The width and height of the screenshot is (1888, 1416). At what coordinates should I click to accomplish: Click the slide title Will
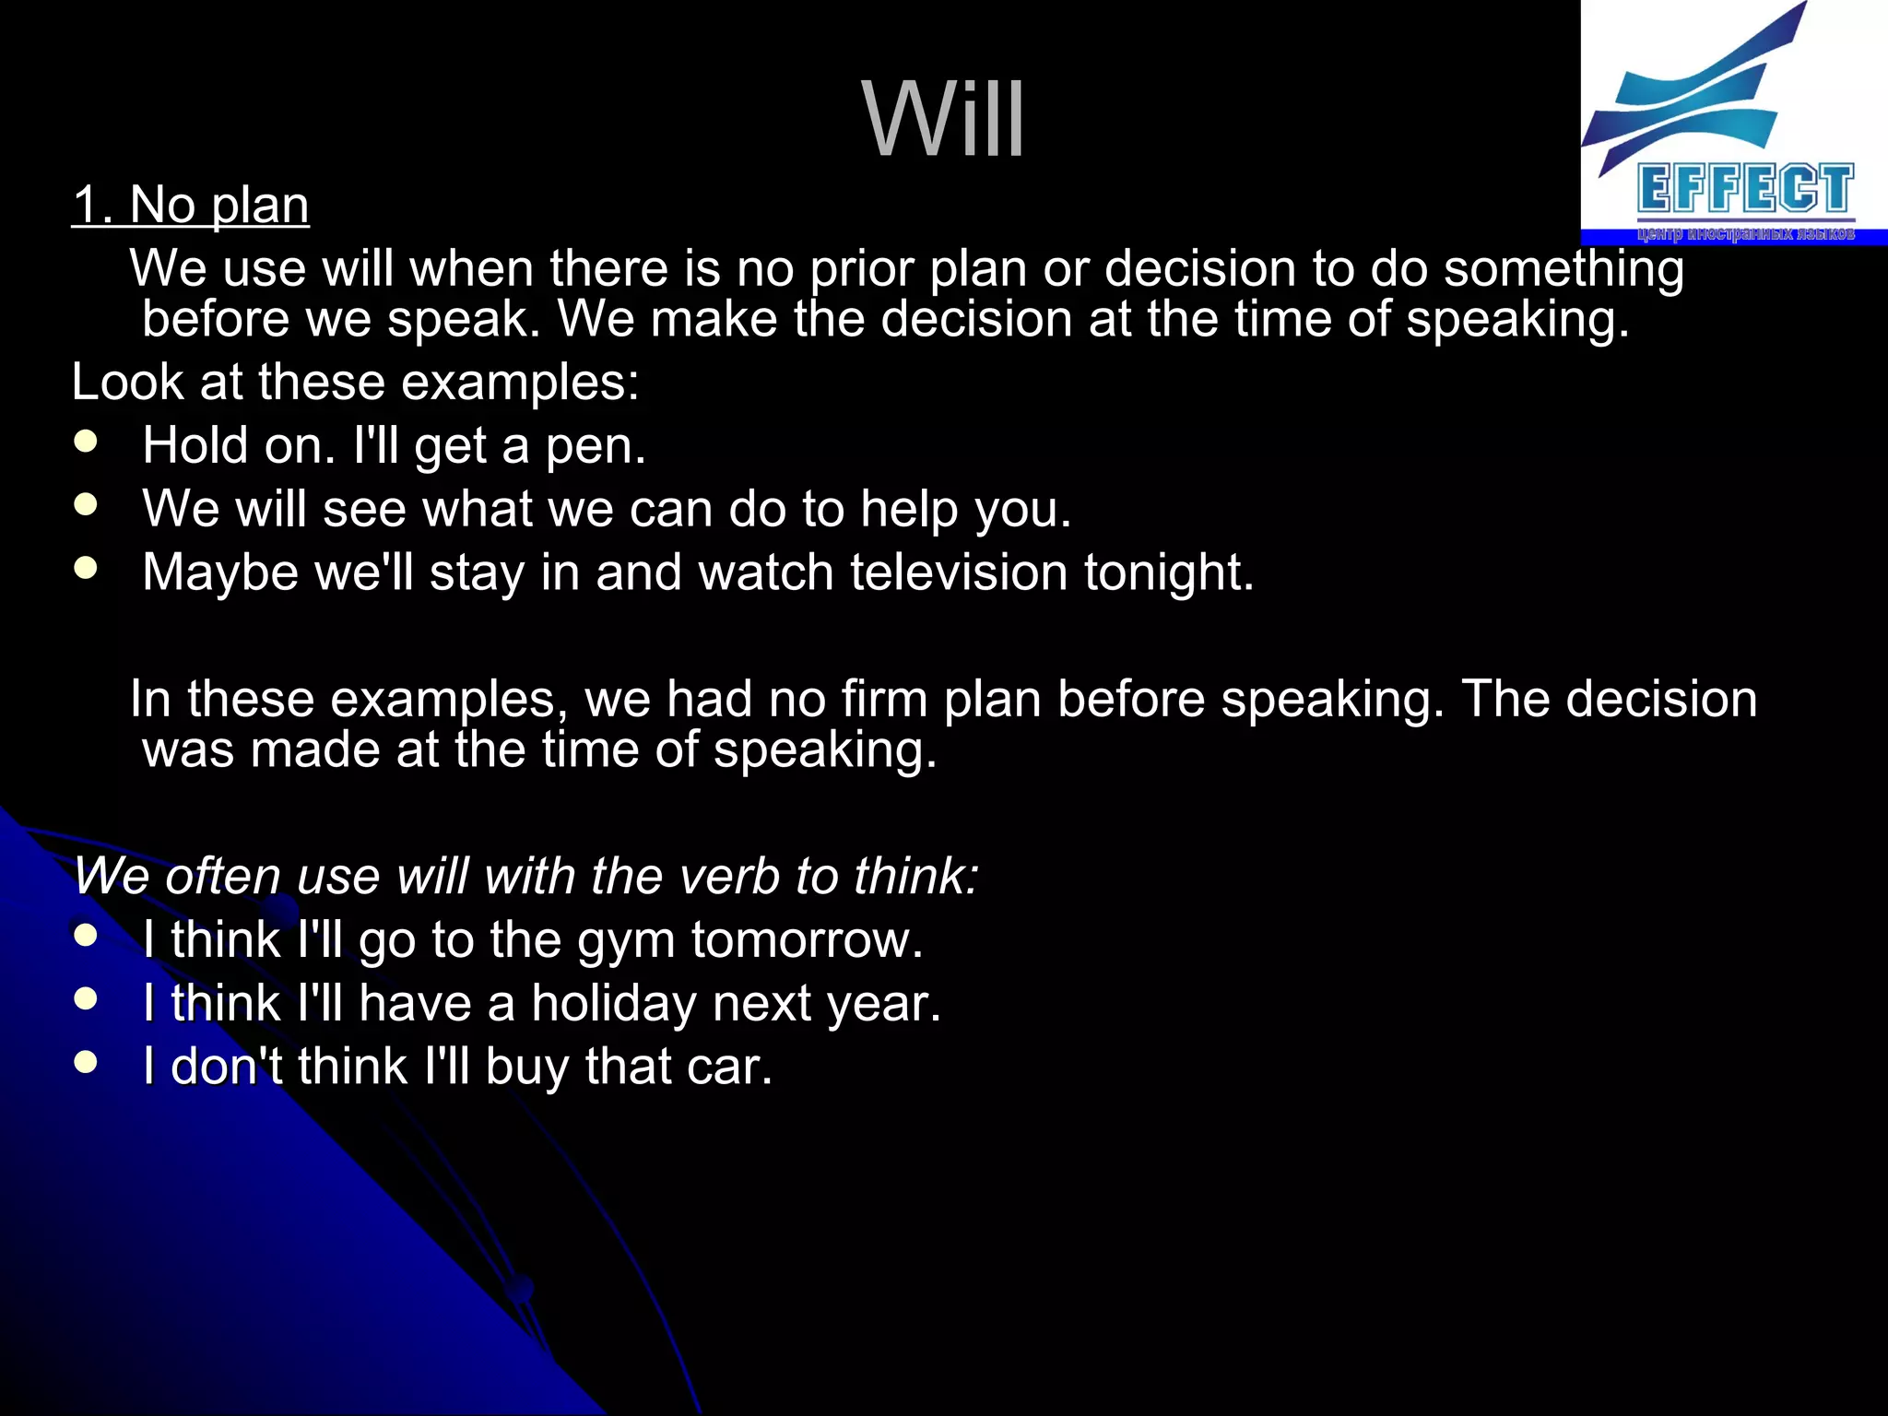[x=943, y=119]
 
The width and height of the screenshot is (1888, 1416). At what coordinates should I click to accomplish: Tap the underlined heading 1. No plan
[x=191, y=205]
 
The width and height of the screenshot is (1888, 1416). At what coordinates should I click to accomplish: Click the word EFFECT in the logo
[x=1745, y=190]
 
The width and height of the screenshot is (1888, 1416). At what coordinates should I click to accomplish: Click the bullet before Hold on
[x=86, y=442]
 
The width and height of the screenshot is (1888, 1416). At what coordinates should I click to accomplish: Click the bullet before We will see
[x=86, y=504]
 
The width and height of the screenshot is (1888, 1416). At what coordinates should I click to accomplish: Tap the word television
[x=958, y=572]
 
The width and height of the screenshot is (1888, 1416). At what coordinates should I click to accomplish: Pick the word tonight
[x=1168, y=574]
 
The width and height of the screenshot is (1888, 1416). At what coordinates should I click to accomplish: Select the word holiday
[x=614, y=1004]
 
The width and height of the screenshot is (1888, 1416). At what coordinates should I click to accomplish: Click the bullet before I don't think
[x=86, y=1062]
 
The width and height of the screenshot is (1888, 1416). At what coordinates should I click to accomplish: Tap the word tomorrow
[x=807, y=940]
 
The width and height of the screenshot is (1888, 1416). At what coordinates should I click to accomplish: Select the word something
[x=1563, y=270]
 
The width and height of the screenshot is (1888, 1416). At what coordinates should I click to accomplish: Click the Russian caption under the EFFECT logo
[x=1745, y=233]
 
